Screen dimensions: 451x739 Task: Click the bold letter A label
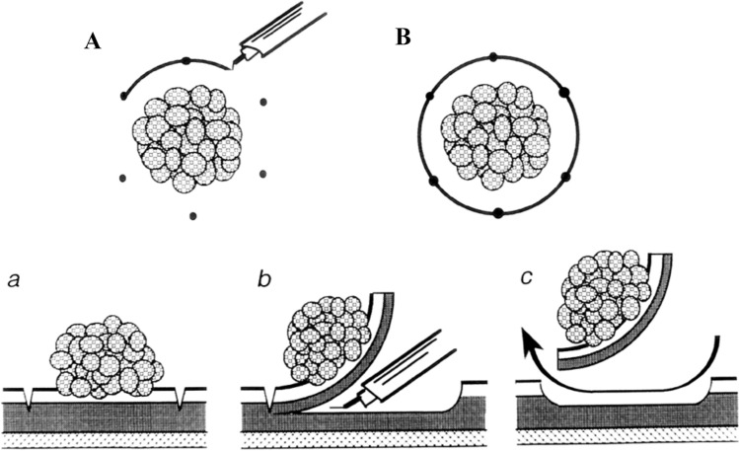pyautogui.click(x=92, y=42)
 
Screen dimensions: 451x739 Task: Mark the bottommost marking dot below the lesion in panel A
pyautogui.click(x=193, y=215)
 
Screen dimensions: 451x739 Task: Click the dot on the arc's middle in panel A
pyautogui.click(x=185, y=62)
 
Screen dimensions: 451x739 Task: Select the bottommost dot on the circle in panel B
pyautogui.click(x=497, y=212)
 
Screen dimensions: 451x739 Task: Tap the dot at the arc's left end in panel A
pyautogui.click(x=123, y=96)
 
